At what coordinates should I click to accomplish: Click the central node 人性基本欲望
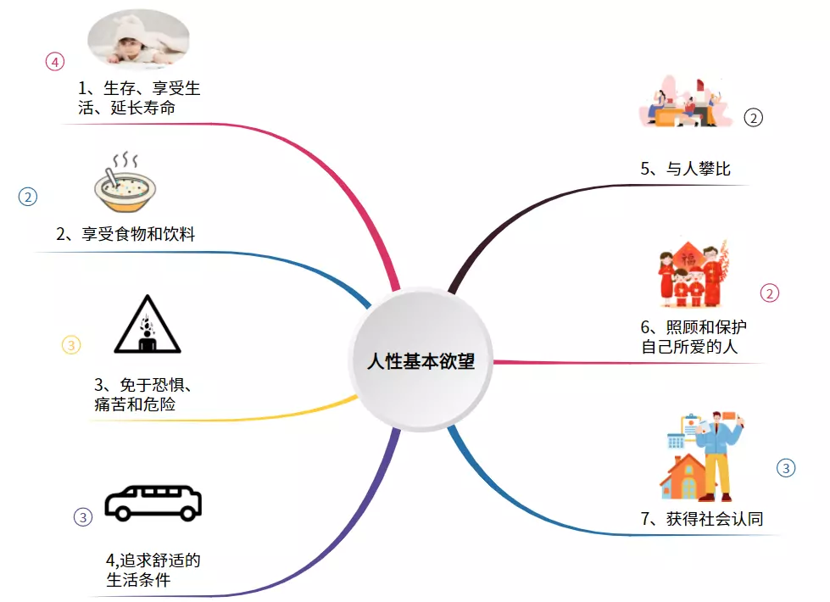[x=421, y=361]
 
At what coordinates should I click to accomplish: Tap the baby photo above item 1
[x=139, y=39]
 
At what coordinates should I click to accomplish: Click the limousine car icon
[x=153, y=503]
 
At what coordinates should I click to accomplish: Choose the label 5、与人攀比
[x=685, y=170]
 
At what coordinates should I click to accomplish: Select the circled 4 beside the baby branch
[x=54, y=61]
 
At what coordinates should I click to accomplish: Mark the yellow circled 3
[x=71, y=345]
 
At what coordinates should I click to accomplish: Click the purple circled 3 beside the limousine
[x=82, y=516]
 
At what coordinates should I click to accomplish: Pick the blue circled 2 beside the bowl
[x=28, y=197]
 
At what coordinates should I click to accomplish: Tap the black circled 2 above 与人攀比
[x=754, y=118]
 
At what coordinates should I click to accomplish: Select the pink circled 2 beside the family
[x=770, y=293]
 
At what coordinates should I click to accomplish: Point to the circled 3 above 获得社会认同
[x=786, y=467]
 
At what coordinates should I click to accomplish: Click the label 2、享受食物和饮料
[x=125, y=234]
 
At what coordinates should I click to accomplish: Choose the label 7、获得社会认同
[x=702, y=519]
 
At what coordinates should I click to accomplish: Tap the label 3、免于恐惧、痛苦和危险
[x=142, y=394]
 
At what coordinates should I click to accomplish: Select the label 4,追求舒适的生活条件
[x=153, y=570]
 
